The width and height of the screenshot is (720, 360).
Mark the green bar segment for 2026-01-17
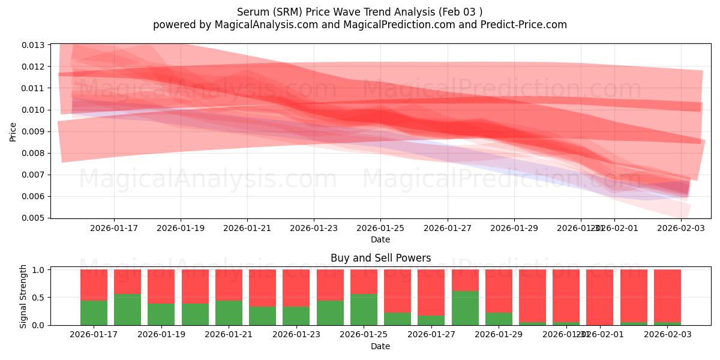[94, 313]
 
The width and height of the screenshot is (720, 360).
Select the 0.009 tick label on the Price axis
[35, 131]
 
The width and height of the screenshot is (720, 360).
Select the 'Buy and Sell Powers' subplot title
[380, 259]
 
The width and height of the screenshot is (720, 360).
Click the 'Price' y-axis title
[13, 131]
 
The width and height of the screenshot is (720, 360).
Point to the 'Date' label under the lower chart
[380, 346]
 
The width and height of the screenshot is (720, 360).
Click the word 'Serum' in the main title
[252, 12]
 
